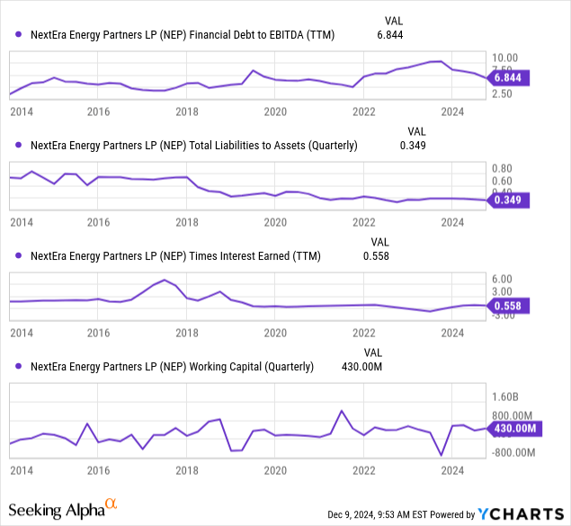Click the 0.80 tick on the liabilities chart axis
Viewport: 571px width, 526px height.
tap(502, 168)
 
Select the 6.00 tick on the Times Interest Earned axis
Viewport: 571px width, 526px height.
tap(502, 279)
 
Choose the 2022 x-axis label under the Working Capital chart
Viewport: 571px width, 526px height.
tap(363, 470)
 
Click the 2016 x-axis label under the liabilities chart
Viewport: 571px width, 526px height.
tap(98, 222)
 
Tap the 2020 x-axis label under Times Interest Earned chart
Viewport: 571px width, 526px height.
tap(275, 333)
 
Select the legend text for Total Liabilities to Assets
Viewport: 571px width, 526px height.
tap(193, 145)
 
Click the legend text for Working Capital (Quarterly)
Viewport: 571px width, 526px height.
tap(172, 366)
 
